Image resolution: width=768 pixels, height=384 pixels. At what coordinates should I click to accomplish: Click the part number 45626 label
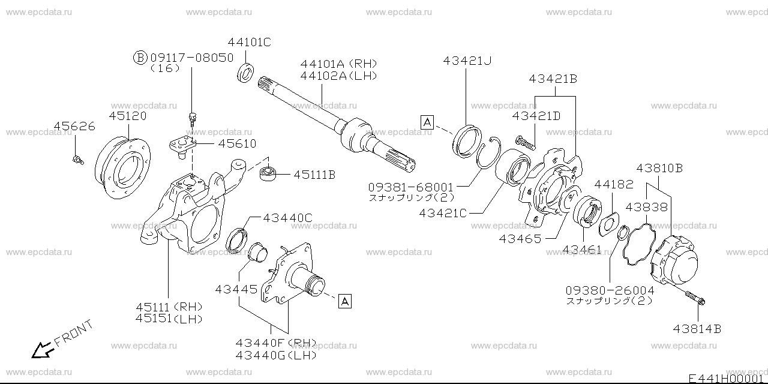point(74,127)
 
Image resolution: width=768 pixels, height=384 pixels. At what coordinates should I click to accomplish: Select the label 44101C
point(249,42)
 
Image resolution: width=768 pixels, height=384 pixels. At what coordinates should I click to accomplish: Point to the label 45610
point(236,144)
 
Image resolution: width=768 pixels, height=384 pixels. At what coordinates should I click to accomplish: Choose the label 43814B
point(697,328)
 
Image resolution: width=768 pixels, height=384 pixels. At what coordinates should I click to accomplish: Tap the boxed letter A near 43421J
point(427,124)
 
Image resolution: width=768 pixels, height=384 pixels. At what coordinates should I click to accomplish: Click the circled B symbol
point(139,58)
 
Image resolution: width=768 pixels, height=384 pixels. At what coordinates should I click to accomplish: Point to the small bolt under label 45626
point(76,159)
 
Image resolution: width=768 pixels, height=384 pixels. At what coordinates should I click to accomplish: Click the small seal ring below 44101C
point(245,71)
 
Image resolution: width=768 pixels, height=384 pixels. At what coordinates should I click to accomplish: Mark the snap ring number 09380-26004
point(610,290)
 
